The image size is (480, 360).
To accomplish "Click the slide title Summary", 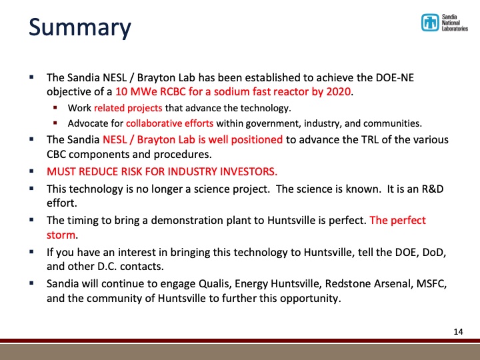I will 79,28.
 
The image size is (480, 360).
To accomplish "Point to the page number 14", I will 457,331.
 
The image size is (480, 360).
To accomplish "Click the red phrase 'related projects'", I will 123,108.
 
